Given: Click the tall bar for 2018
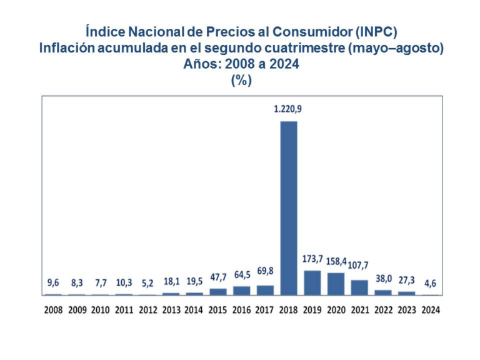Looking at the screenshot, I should tap(289, 207).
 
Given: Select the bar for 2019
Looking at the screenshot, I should tap(312, 282).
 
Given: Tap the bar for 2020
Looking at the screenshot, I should tap(336, 284).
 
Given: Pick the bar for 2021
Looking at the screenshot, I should tap(359, 287).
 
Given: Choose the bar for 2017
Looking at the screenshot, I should tap(265, 290).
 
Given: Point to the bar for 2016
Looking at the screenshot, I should tap(242, 291).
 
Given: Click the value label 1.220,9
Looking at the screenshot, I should tap(288, 109).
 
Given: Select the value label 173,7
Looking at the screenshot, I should tap(312, 259).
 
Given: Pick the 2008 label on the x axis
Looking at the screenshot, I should tap(54, 309).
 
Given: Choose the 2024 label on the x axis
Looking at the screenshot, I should tap(430, 309).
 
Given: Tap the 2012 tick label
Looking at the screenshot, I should tap(147, 309).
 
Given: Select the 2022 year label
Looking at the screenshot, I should tap(383, 309).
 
